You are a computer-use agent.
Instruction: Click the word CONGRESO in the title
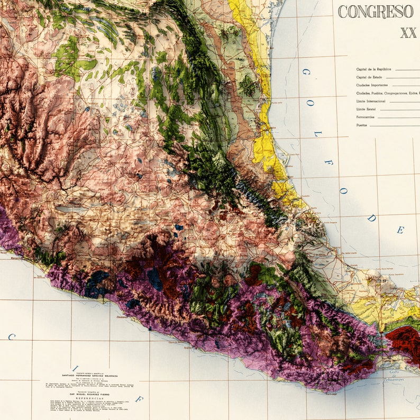pos(375,12)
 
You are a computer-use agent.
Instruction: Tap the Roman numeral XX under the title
pos(408,33)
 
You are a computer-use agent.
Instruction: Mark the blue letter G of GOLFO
pos(305,71)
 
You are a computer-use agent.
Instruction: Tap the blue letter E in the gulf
pos(400,230)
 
